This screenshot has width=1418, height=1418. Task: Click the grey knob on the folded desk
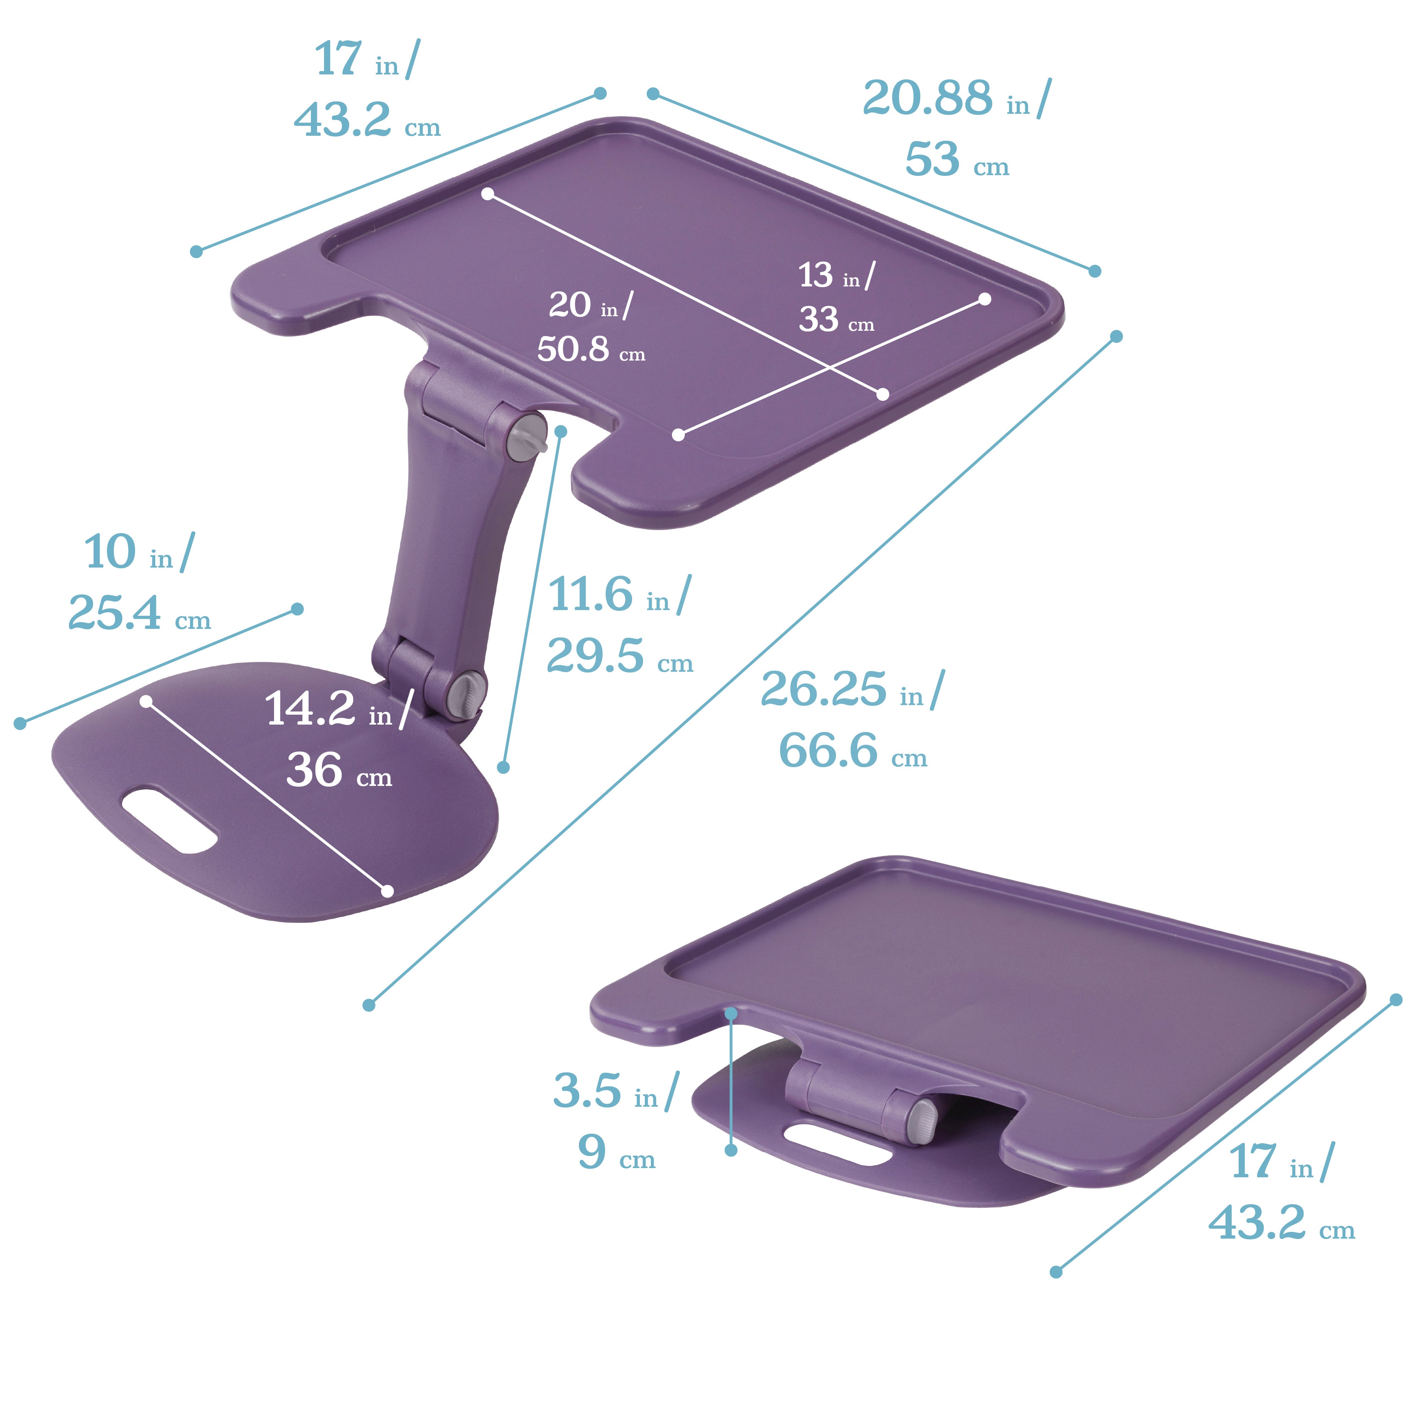pyautogui.click(x=922, y=1120)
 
